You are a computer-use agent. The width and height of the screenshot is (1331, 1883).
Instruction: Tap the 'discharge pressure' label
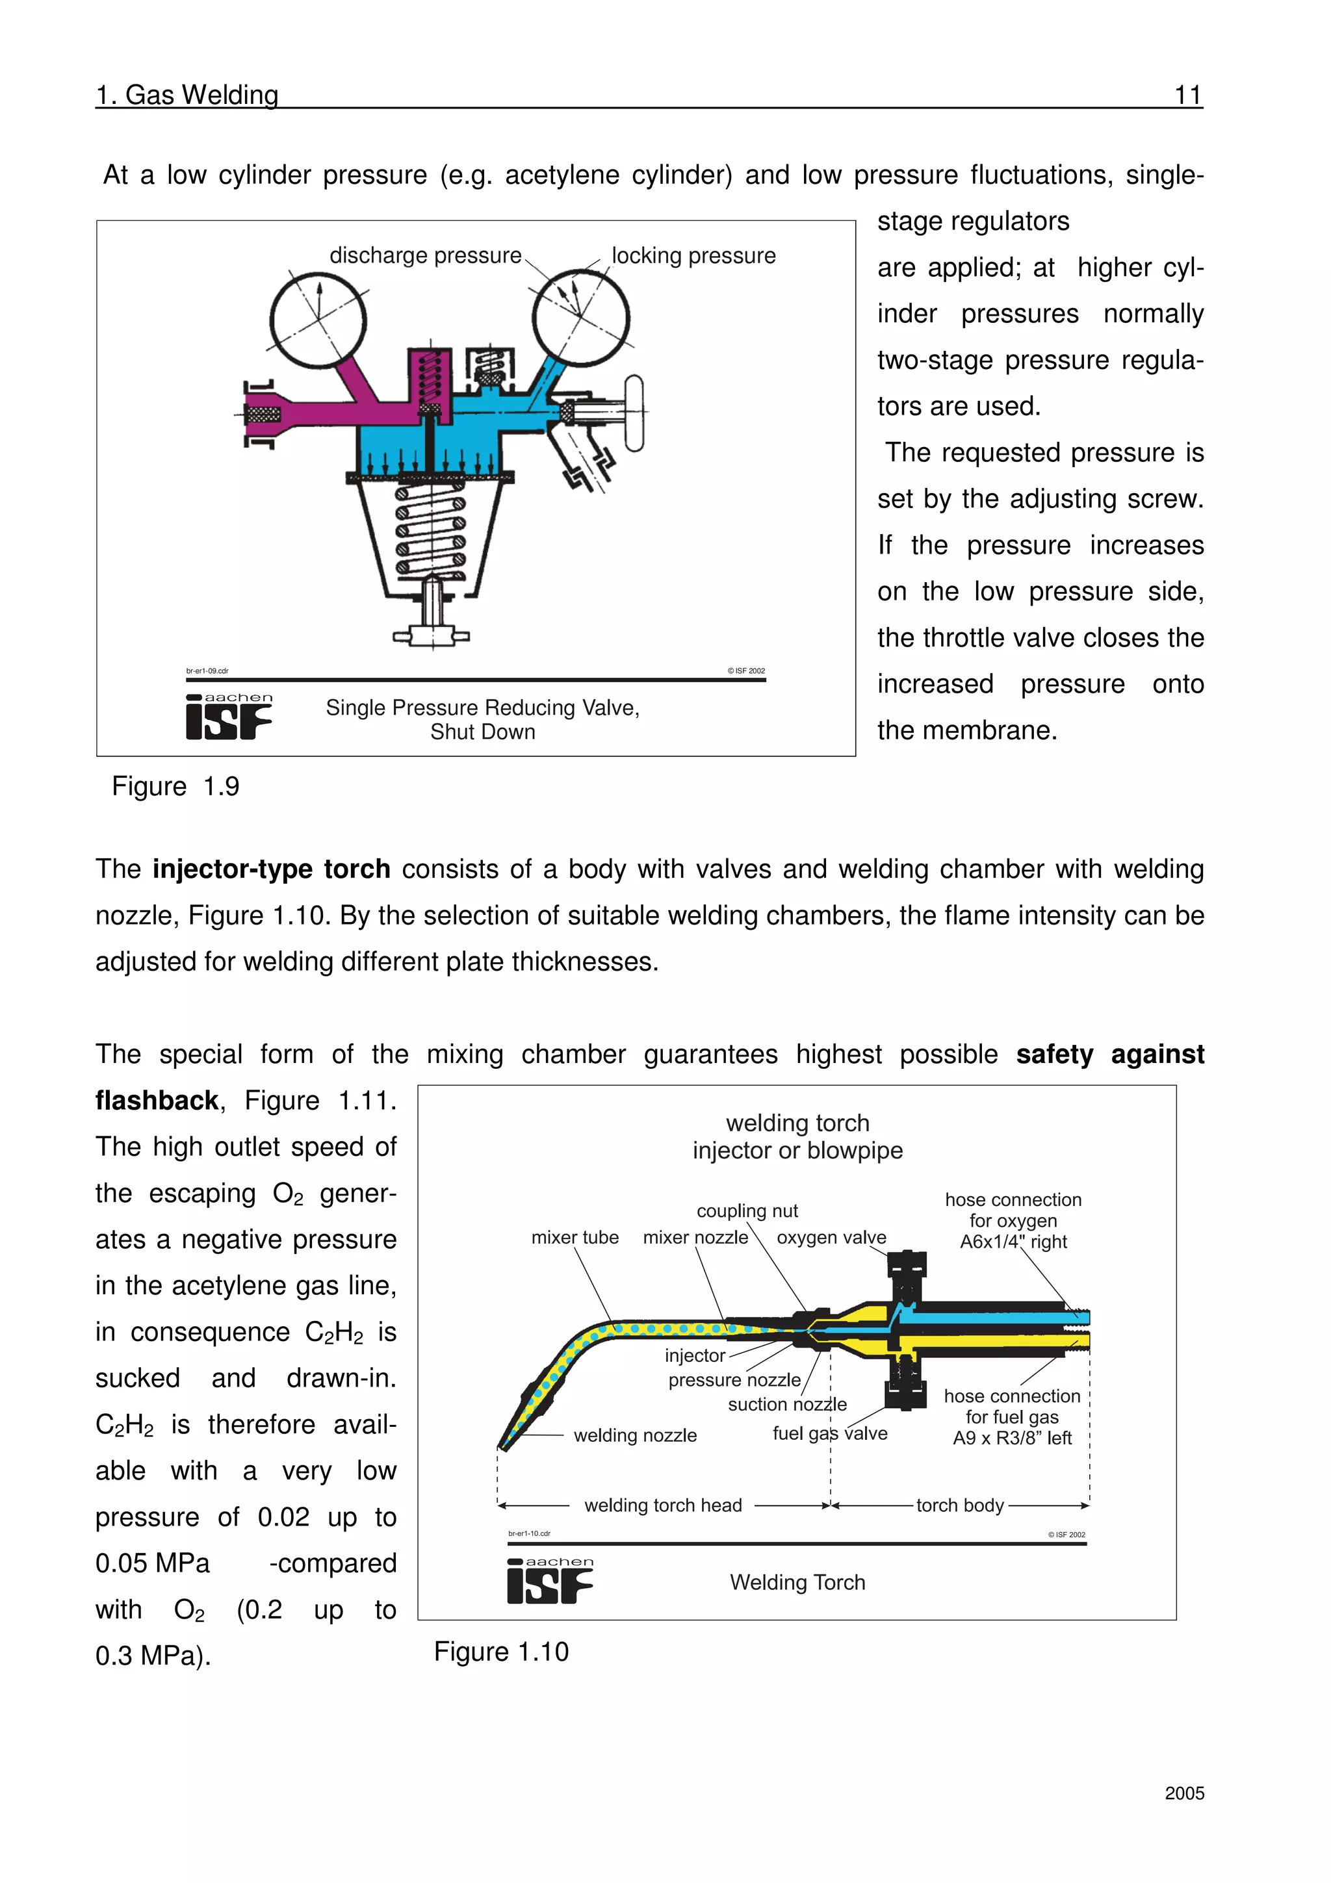(x=425, y=256)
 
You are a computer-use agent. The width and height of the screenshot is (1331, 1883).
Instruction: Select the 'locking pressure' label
(x=693, y=256)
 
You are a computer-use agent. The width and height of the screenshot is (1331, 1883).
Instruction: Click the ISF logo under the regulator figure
(x=228, y=717)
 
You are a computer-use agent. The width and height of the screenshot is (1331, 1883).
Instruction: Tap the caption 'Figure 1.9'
(x=175, y=786)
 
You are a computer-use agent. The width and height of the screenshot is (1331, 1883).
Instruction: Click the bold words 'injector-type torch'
(x=272, y=869)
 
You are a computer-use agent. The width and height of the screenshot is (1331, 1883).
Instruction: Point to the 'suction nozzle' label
(x=786, y=1405)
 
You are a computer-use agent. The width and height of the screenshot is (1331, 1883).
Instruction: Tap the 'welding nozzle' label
(x=635, y=1436)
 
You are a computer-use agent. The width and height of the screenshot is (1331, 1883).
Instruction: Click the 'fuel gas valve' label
(x=829, y=1433)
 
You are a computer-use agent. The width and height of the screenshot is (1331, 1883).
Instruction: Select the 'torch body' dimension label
(x=959, y=1505)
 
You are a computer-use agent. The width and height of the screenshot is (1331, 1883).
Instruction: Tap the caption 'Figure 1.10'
(x=500, y=1652)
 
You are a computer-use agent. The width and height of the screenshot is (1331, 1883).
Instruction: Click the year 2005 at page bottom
(x=1183, y=1793)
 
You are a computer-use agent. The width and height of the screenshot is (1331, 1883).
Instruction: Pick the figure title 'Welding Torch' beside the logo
(x=797, y=1583)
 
